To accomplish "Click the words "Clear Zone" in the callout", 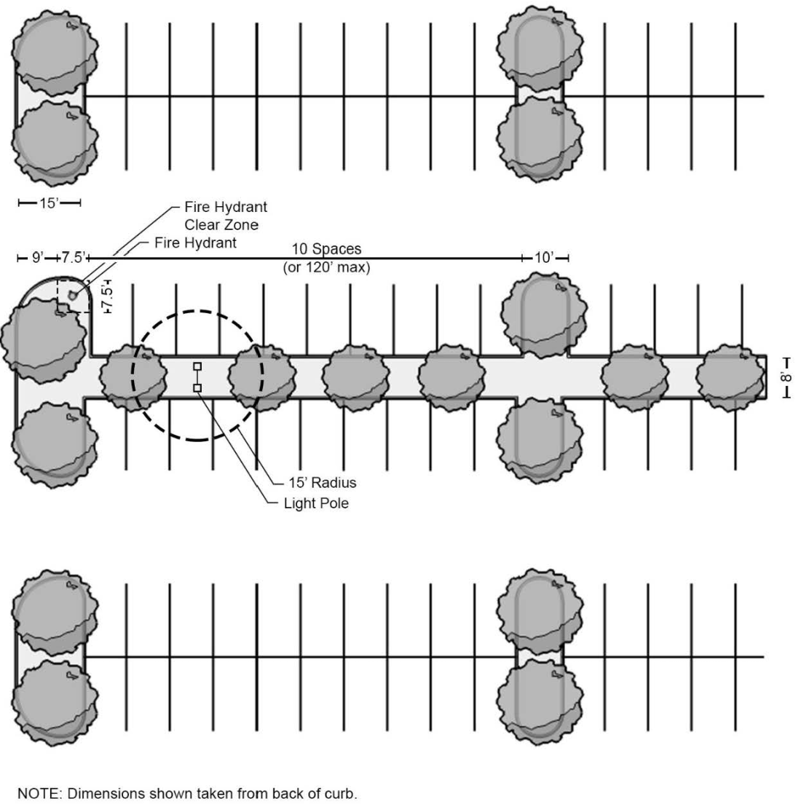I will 221,225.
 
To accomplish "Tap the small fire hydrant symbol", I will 72,294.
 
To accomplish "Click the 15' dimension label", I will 49,203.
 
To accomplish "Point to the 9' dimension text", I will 37,257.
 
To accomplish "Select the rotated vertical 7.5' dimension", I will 107,298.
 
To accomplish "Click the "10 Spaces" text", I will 326,249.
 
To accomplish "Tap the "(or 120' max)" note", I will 326,267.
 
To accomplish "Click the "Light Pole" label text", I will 316,503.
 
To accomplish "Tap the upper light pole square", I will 197,366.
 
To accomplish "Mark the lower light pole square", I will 197,388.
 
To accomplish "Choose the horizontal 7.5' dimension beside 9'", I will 73,257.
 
